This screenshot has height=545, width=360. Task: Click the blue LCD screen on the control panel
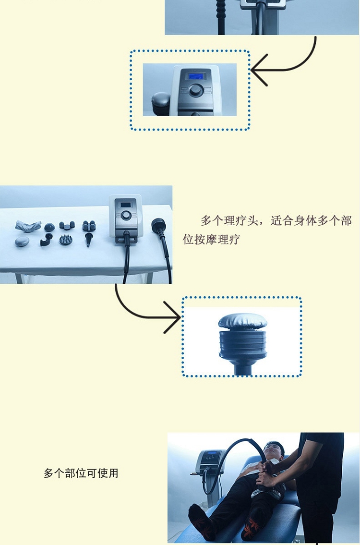click(196, 76)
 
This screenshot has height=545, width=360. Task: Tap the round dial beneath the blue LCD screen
click(195, 90)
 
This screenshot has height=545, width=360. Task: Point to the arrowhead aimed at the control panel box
click(259, 70)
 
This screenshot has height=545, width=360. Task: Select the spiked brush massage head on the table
click(65, 240)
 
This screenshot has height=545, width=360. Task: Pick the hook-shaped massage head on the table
click(46, 240)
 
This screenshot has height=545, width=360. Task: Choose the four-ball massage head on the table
click(89, 226)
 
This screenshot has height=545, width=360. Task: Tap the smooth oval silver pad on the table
click(22, 242)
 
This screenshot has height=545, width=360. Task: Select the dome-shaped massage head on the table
click(49, 227)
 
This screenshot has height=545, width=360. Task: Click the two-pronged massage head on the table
click(67, 225)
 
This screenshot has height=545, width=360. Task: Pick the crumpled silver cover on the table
click(28, 226)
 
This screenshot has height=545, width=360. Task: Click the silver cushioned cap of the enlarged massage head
click(242, 322)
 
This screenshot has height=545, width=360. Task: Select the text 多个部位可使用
click(81, 473)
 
